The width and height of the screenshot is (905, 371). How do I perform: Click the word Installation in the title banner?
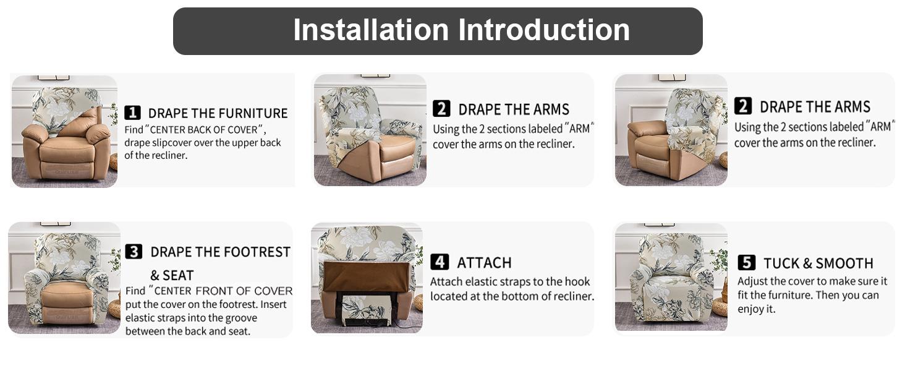click(x=371, y=30)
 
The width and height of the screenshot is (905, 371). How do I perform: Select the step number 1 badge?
click(x=132, y=113)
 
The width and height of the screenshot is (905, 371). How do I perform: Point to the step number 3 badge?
click(x=134, y=252)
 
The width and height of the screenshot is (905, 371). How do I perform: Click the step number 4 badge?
click(x=440, y=262)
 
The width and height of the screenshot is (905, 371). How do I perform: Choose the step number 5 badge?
click(x=747, y=263)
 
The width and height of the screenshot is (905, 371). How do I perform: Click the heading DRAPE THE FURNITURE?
click(x=218, y=113)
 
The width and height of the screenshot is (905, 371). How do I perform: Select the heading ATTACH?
click(x=484, y=263)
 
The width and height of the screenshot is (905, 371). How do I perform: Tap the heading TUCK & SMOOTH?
click(x=818, y=263)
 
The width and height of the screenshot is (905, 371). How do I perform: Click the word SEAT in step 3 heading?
click(x=179, y=275)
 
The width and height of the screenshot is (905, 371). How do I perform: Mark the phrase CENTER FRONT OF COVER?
click(x=223, y=291)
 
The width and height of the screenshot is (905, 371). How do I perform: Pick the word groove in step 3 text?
click(x=241, y=318)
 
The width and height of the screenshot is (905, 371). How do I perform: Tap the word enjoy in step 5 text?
click(x=752, y=309)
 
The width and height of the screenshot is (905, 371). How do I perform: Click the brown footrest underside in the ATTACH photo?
click(x=365, y=276)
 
